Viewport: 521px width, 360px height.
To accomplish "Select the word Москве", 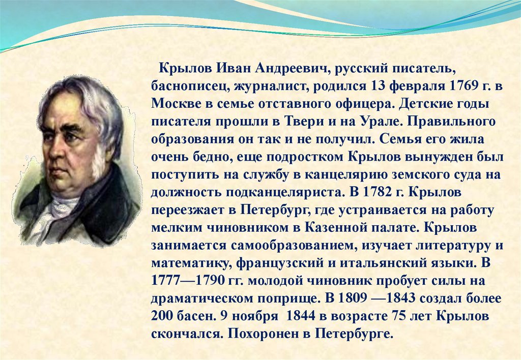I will click(172, 104).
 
